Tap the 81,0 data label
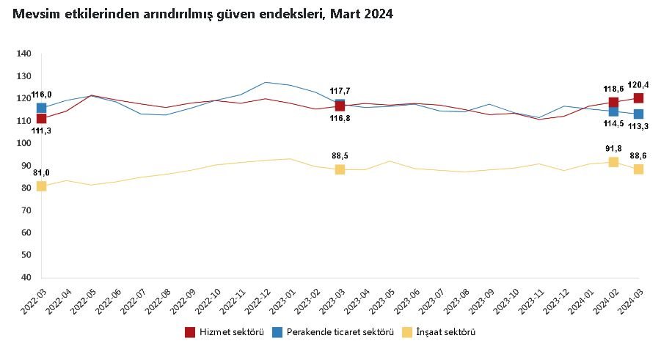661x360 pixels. (x=41, y=172)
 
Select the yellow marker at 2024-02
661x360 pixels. (x=613, y=162)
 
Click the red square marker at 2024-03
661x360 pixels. (x=639, y=98)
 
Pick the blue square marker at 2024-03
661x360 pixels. (x=639, y=114)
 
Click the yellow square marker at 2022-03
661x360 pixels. (x=41, y=186)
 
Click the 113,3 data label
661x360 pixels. (x=639, y=127)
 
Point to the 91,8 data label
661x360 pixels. (x=613, y=148)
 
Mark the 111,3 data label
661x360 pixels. (x=41, y=131)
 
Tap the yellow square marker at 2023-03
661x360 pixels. (x=340, y=169)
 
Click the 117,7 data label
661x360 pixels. (x=340, y=91)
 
